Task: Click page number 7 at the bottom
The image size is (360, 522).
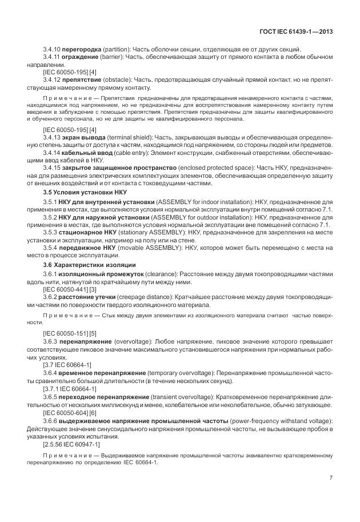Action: (331, 479)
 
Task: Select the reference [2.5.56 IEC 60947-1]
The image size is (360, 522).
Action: (71, 444)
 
